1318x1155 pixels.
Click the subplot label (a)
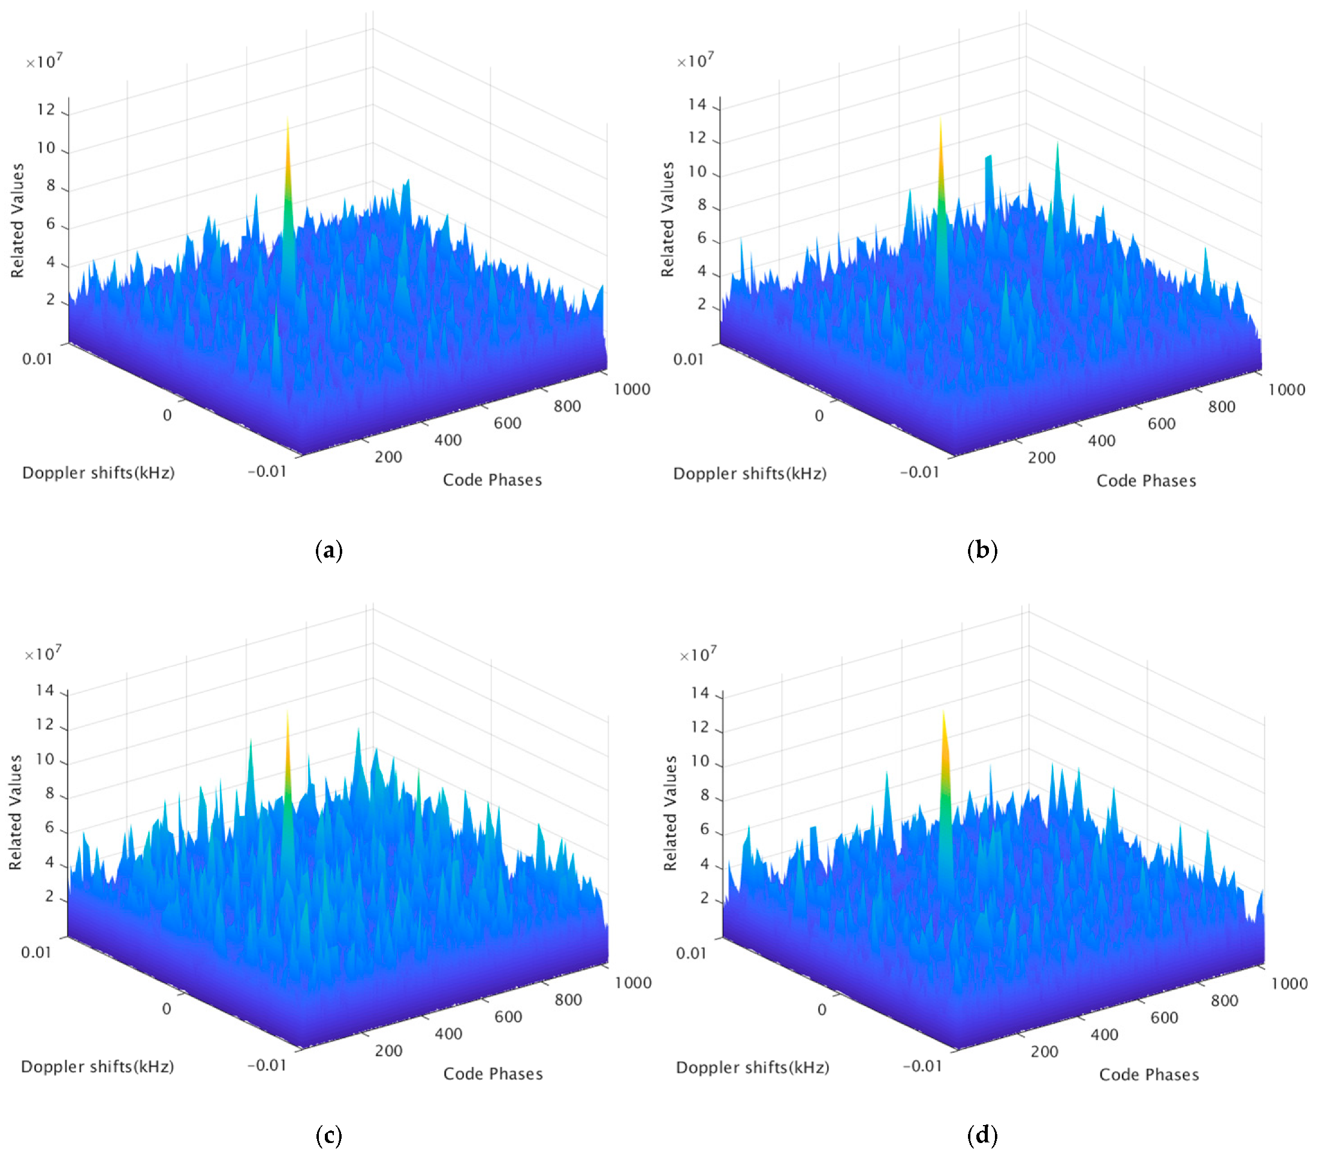pos(329,551)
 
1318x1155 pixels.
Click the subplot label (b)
pos(982,551)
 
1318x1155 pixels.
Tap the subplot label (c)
pos(329,1135)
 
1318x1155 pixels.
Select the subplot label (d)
pos(982,1135)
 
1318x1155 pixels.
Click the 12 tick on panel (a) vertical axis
pos(46,110)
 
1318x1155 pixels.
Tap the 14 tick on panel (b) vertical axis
pos(697,104)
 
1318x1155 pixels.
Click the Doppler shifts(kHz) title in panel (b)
pos(749,474)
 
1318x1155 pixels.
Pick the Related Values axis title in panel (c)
pos(16,812)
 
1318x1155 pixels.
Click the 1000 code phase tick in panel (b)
pos(1286,390)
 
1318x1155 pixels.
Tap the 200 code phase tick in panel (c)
pos(388,1051)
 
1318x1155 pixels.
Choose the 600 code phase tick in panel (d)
pos(1164,1018)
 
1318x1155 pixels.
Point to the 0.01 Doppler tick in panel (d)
pos(690,953)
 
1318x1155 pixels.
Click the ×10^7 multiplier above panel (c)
pos(43,654)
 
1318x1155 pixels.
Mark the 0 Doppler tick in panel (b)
pos(819,416)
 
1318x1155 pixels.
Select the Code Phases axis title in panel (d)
pos(1149,1075)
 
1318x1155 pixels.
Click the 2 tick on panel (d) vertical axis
pos(704,899)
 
